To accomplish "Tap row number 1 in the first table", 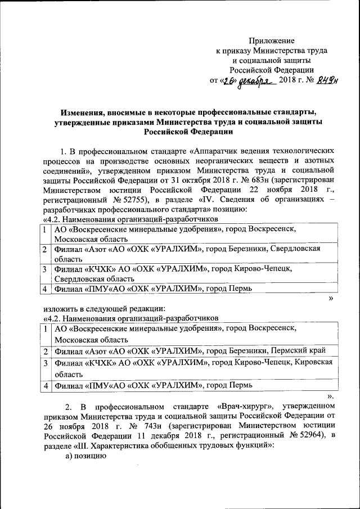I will (x=44, y=230).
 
